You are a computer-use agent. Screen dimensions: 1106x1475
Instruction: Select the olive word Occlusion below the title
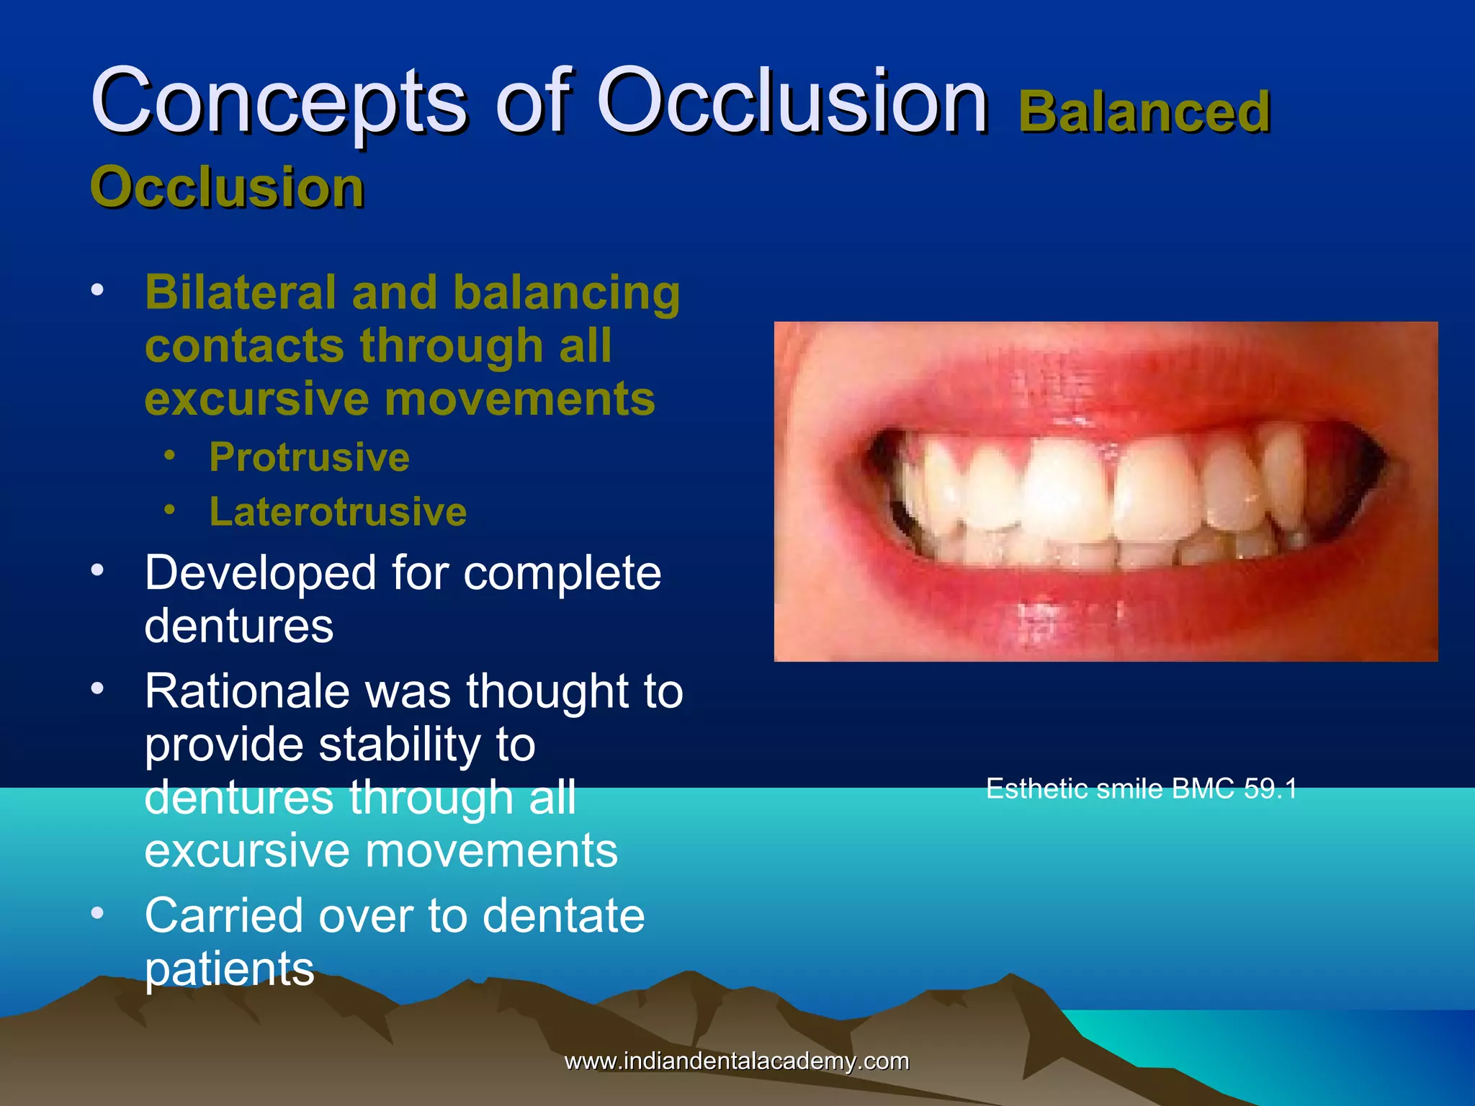[228, 187]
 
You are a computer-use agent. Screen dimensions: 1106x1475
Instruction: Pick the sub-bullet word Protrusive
[309, 457]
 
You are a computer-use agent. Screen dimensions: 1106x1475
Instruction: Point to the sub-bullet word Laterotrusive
[338, 512]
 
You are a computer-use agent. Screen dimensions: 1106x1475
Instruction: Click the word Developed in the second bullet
[260, 574]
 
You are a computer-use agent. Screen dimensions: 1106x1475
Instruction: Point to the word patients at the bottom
[229, 969]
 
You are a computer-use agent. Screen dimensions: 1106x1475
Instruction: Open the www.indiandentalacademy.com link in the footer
[736, 1061]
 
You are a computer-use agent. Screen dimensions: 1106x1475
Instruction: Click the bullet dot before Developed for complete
[97, 570]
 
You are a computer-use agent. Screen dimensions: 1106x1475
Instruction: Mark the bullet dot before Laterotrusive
[169, 510]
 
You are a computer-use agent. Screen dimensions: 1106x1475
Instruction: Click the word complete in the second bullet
[562, 574]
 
